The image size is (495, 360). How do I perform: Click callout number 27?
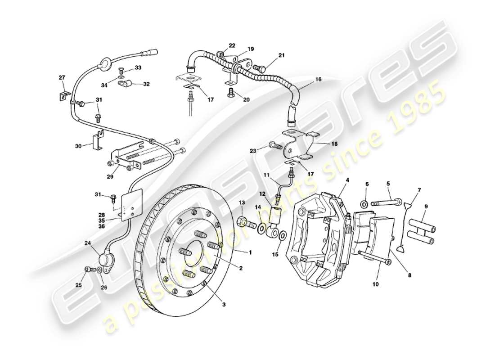62,77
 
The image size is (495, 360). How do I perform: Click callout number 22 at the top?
232,46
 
